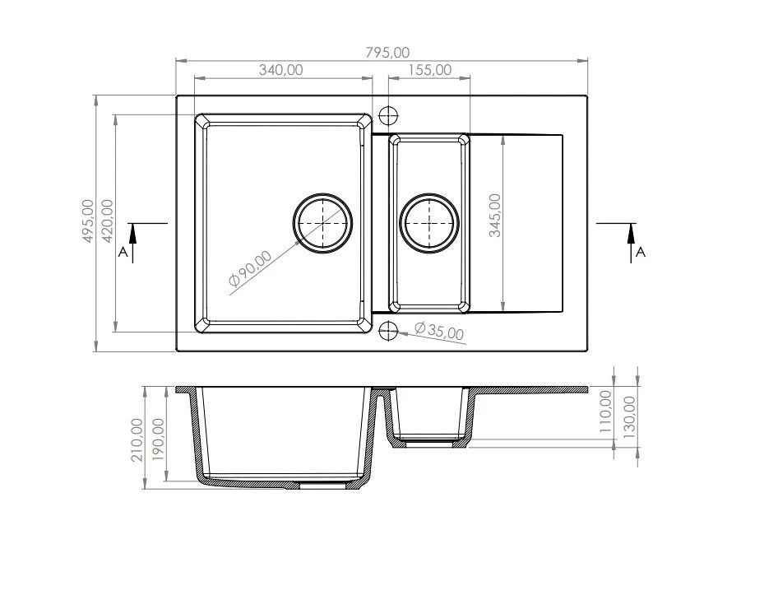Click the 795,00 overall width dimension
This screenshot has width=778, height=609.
click(387, 53)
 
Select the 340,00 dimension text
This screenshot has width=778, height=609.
click(280, 70)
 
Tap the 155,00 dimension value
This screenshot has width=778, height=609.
click(429, 70)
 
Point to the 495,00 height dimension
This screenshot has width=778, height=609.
click(87, 221)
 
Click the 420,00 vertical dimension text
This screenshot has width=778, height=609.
click(107, 221)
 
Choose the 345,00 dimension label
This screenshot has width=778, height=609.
click(495, 216)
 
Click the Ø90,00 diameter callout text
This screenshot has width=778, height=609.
click(250, 268)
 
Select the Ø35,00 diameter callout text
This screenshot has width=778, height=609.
click(439, 331)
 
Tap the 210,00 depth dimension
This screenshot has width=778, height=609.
click(137, 439)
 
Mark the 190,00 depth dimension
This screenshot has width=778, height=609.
click(158, 439)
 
